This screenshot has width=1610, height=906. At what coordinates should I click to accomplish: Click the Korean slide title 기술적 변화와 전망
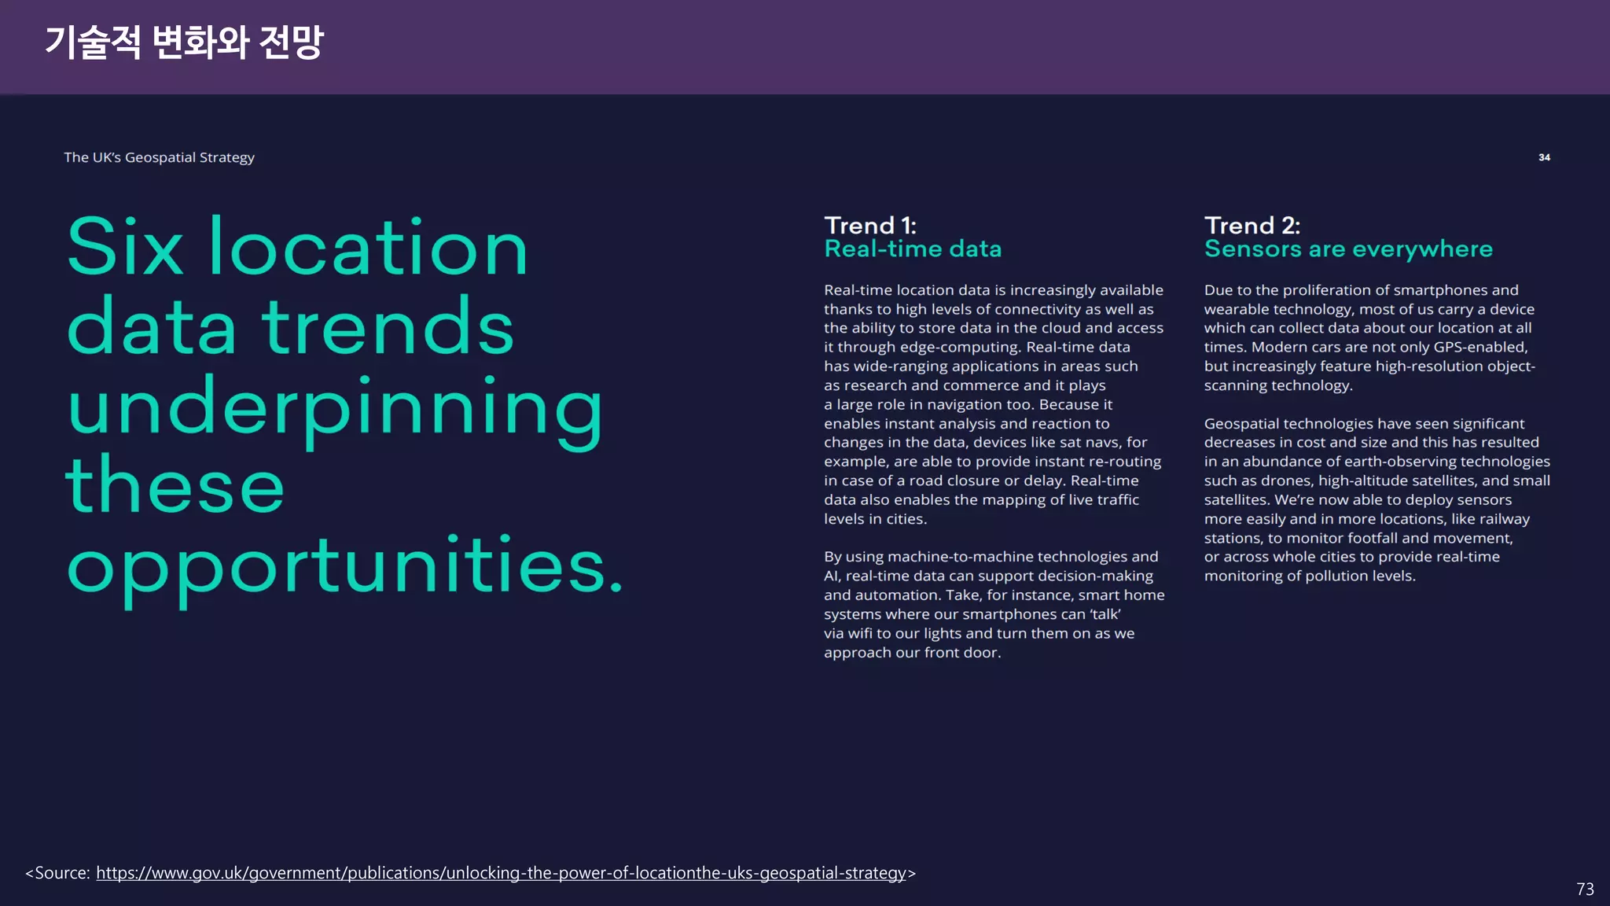184,42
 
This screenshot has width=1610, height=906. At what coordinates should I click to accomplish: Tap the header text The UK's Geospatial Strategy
159,157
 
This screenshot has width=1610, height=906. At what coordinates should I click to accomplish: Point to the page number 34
1544,157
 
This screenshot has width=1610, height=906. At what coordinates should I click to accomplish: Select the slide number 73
1585,889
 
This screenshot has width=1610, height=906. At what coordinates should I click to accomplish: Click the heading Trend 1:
870,226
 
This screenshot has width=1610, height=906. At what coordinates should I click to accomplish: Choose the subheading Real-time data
913,249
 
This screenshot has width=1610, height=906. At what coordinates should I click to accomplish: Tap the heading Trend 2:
1252,226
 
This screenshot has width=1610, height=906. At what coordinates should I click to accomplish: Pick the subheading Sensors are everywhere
1348,249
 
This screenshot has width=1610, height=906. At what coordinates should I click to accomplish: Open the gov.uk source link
501,873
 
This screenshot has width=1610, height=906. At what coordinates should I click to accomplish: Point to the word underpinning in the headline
335,409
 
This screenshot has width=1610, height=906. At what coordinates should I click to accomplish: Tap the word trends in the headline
388,327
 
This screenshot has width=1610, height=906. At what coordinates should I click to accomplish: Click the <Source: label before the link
58,873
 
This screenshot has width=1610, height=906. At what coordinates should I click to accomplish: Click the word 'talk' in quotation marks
1105,614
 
